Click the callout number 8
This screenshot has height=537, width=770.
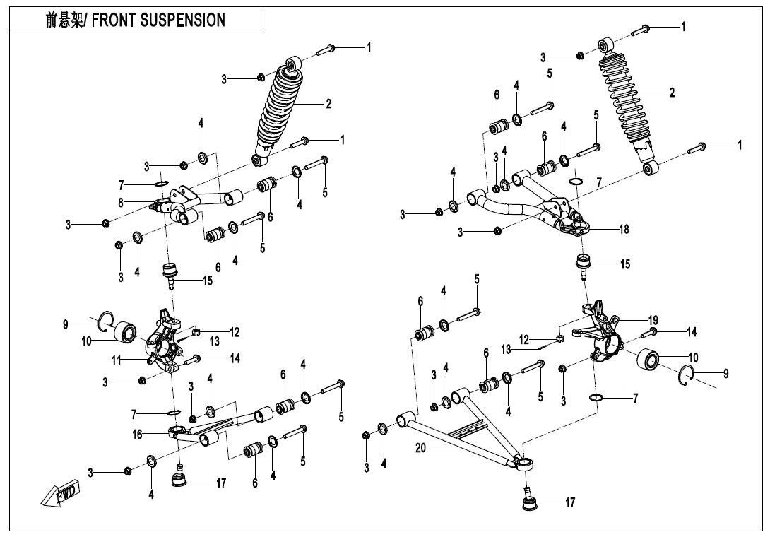121,202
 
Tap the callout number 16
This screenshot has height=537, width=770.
138,435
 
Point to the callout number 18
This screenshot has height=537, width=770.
624,229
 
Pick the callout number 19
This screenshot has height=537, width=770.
653,320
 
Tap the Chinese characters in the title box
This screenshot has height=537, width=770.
64,20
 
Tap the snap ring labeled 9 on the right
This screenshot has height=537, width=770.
690,377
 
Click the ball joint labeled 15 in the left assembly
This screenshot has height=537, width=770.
170,272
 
